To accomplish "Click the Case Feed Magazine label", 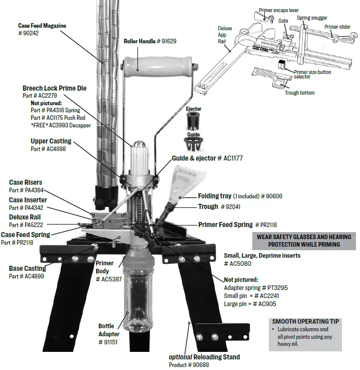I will [x=42, y=26].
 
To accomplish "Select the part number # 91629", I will [x=166, y=41].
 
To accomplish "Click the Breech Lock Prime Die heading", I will [x=54, y=88].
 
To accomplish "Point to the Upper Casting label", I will [x=51, y=141].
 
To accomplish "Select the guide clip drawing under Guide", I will [x=194, y=145].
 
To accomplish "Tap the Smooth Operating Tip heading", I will [x=306, y=321].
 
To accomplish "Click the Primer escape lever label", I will [x=279, y=10].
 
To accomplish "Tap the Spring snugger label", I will [x=312, y=18].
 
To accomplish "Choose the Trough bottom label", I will [x=300, y=93].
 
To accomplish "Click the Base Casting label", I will [x=28, y=269].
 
